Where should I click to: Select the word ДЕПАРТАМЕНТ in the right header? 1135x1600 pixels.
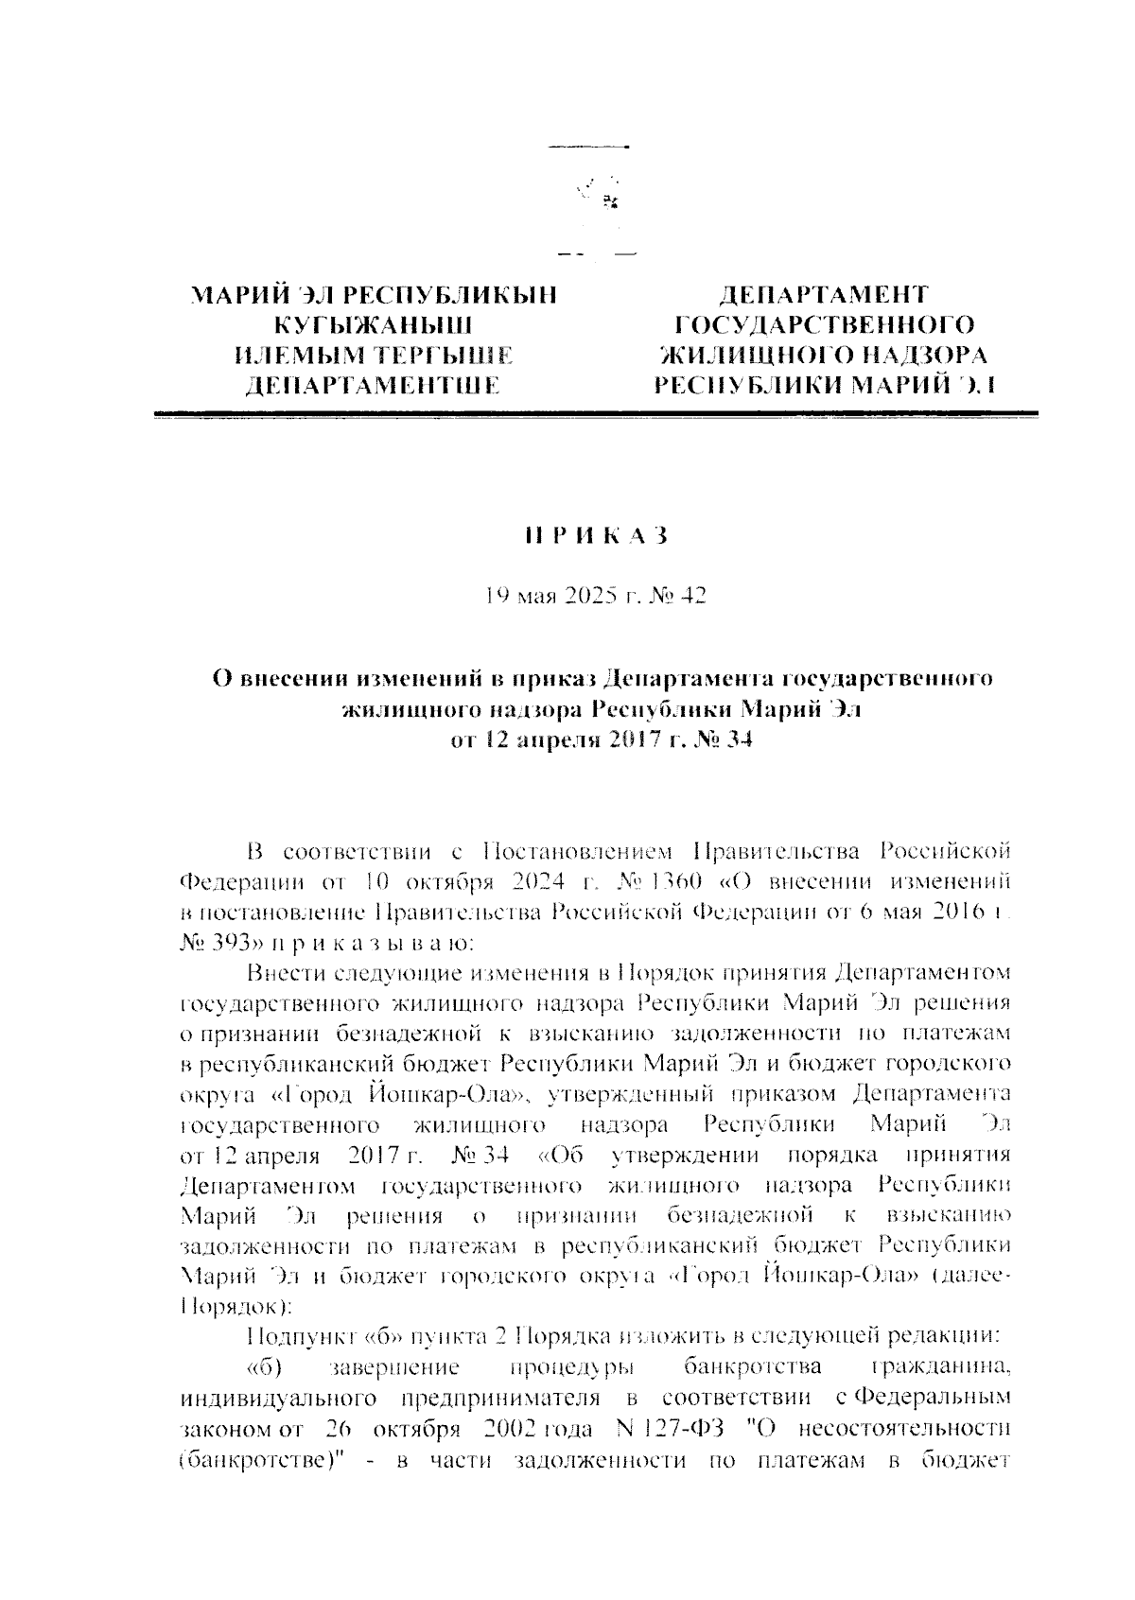coord(822,294)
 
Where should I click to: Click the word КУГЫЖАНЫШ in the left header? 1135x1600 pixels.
coord(373,325)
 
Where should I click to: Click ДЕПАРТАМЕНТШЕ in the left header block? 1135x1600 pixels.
coord(373,385)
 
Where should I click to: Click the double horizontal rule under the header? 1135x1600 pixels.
coord(594,414)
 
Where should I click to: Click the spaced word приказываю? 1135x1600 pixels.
coord(367,943)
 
